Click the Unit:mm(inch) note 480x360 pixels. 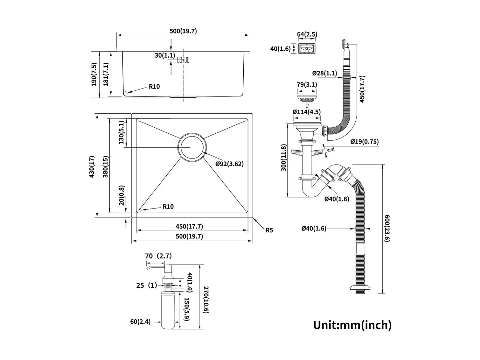352,325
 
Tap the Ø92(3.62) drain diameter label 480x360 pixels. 229,164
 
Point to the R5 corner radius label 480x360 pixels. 269,230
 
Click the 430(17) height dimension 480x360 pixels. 92,166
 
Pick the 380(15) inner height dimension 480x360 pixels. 106,166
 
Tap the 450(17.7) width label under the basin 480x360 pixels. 189,227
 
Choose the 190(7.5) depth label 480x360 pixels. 94,74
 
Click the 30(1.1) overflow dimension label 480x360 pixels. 165,55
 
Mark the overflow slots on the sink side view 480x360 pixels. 183,60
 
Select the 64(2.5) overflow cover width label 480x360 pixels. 307,34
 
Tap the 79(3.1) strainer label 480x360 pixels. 307,85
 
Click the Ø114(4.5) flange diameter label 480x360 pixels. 307,112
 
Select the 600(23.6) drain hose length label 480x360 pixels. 386,228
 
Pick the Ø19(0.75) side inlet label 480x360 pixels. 365,142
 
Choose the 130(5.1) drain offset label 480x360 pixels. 121,132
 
